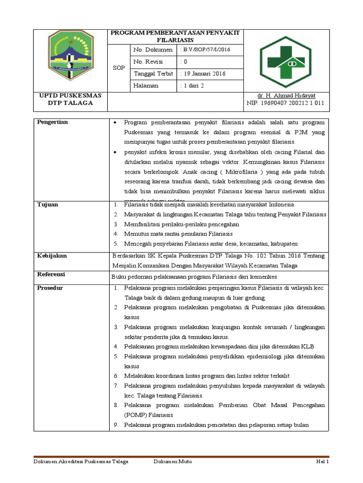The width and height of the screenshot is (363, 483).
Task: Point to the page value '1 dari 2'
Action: point(195,86)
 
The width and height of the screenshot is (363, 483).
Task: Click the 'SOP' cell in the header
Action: point(119,67)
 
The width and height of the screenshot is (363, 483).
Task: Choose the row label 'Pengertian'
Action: point(52,122)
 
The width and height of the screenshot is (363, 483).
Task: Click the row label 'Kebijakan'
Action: point(52,256)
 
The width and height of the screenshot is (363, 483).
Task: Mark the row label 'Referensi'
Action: point(51,274)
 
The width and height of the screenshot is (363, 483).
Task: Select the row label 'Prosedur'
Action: point(50,288)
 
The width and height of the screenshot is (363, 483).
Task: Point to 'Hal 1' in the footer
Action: point(322,462)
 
